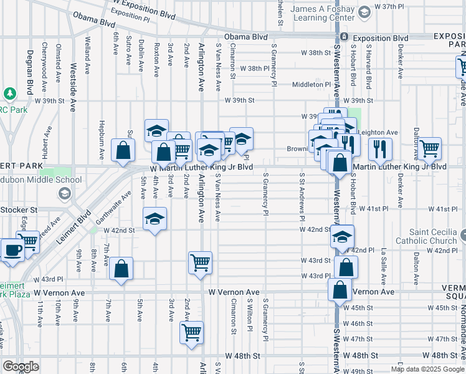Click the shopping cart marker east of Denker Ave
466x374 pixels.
[429, 148]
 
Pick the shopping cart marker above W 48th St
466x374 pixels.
[191, 331]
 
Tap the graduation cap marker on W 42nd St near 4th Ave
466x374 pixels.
[155, 219]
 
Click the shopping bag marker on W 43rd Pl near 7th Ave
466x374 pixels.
[121, 269]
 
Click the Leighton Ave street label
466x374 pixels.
[379, 132]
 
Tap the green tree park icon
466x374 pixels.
[9, 94]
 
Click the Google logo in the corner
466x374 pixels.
[21, 366]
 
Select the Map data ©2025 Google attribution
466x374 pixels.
[427, 369]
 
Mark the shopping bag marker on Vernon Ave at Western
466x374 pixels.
[340, 290]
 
